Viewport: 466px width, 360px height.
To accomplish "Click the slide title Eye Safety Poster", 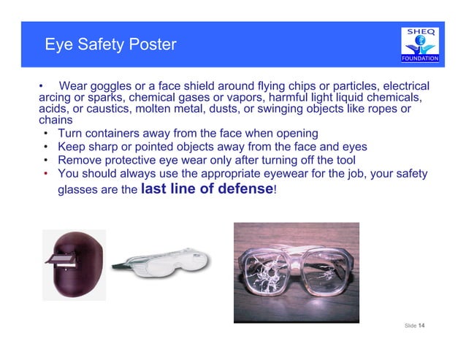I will [110, 45].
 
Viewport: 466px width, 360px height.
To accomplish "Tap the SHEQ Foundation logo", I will [420, 45].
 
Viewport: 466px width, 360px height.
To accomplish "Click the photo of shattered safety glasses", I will [296, 269].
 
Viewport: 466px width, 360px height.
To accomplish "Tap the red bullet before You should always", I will [45, 174].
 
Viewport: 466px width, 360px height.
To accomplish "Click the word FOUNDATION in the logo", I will [420, 58].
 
